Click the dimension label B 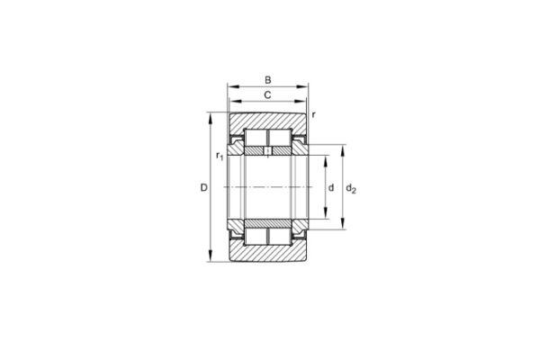(x=267, y=79)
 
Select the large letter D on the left (x=203, y=187)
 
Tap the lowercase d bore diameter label (x=331, y=187)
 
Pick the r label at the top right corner (x=314, y=115)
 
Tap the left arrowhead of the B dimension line (x=229, y=87)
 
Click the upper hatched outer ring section (x=267, y=120)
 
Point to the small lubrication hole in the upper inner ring (x=267, y=152)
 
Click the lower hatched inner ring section (x=267, y=221)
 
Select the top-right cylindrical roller (x=281, y=138)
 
